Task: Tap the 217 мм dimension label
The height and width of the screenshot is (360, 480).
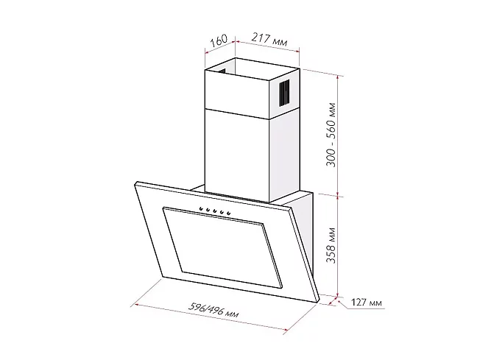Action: (x=269, y=40)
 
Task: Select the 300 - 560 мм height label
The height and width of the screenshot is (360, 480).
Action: (x=331, y=135)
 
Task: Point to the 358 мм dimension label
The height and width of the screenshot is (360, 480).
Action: (x=331, y=245)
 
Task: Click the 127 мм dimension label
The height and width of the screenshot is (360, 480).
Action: (x=366, y=303)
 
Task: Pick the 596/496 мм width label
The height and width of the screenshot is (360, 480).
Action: (x=213, y=311)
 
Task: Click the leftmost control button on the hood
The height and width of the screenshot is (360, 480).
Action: (x=201, y=209)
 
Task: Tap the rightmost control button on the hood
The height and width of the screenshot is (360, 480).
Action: (x=228, y=212)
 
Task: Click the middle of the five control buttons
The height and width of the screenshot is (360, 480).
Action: (x=214, y=211)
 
